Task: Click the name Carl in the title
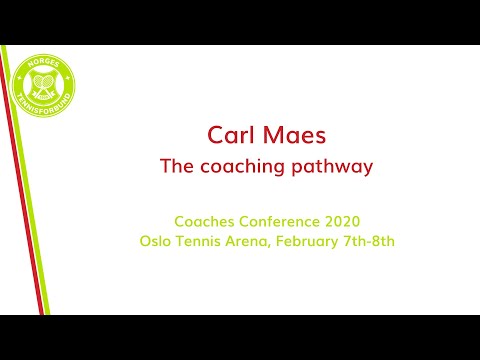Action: (228, 135)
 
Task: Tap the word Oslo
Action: (157, 241)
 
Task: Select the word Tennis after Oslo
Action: (203, 241)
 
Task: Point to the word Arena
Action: (254, 241)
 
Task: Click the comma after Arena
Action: (277, 245)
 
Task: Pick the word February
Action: (314, 241)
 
